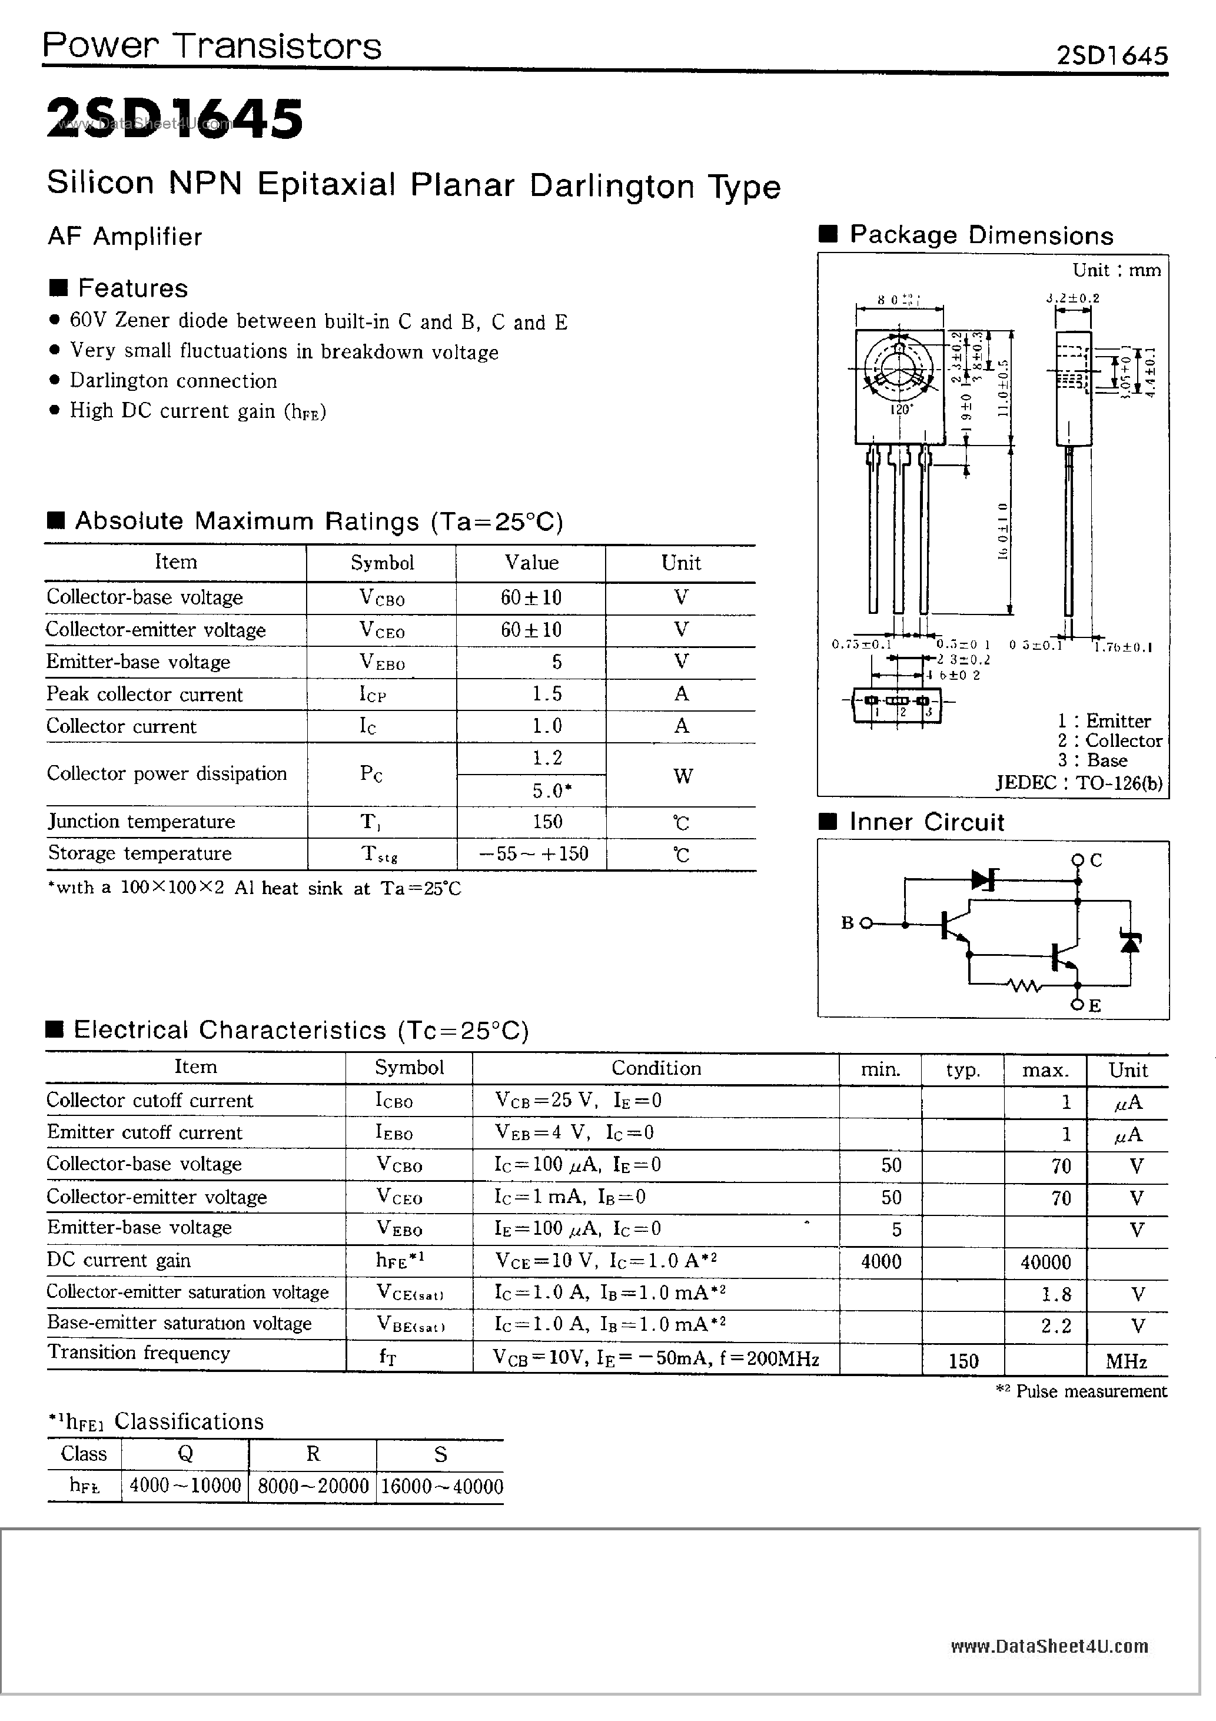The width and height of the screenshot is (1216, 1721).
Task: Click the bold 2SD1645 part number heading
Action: [175, 118]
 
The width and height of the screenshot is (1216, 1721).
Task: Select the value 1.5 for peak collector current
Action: [547, 694]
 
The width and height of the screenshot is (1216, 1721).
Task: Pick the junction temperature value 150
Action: [547, 822]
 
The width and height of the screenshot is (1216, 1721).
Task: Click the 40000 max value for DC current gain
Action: [1045, 1262]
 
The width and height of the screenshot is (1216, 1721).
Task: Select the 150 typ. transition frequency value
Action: [964, 1360]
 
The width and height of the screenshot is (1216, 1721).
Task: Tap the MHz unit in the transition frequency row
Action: [1126, 1360]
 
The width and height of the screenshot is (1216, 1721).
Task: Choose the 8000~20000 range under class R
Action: [313, 1486]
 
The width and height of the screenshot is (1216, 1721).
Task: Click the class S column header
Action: [440, 1454]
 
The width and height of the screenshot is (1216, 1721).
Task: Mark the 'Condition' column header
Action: [656, 1068]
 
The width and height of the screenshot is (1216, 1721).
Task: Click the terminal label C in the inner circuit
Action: [1095, 860]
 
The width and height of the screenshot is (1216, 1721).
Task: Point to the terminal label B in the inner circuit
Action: [847, 923]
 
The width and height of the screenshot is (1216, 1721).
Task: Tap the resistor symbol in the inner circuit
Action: [1024, 986]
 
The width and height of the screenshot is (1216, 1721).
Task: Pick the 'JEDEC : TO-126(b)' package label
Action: [1079, 783]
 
